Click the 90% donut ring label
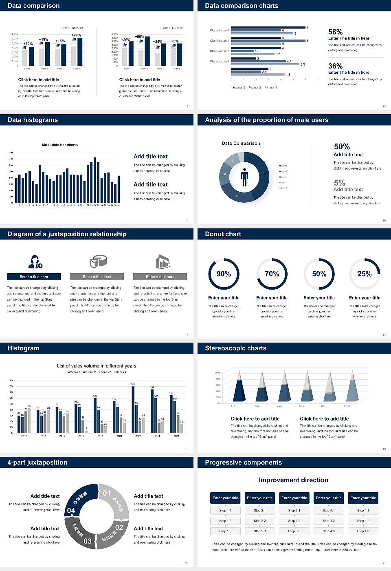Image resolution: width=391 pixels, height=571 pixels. tap(224, 274)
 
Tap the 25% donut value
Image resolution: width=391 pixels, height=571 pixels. tap(365, 274)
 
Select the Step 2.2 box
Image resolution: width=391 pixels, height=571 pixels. tap(260, 521)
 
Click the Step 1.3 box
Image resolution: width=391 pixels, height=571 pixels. tap(225, 531)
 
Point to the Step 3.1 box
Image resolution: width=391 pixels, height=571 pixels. tap(294, 511)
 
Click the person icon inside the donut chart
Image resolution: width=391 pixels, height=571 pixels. tap(244, 177)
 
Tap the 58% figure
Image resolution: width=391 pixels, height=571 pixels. tap(335, 32)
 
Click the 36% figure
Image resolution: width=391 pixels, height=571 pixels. tap(335, 66)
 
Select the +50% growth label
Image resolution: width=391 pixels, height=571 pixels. tap(139, 37)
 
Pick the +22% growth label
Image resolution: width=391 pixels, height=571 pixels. tap(76, 35)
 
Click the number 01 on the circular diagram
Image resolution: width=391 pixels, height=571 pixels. tap(107, 493)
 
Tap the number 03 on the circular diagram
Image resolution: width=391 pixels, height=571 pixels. tap(88, 541)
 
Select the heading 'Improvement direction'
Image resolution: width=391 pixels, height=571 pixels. tap(293, 480)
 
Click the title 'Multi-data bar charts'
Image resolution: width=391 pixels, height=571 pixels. tap(60, 145)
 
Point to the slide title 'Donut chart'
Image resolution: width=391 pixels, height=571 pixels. tap(223, 234)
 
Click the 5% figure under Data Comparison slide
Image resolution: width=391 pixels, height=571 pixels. tap(339, 183)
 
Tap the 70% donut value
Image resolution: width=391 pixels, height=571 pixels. tap(272, 274)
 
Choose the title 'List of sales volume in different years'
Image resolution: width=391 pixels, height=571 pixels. tap(97, 366)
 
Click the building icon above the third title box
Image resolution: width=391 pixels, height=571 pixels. tap(163, 261)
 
